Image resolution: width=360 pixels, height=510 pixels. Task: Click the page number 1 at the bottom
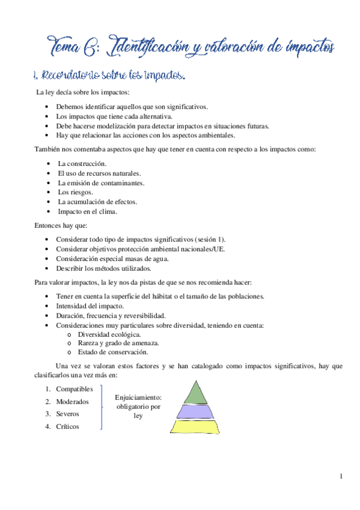(x=341, y=477)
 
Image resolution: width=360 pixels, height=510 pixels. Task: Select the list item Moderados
(x=72, y=402)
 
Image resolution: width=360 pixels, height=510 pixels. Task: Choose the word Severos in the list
(x=67, y=414)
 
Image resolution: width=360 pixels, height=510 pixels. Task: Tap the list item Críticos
(x=67, y=426)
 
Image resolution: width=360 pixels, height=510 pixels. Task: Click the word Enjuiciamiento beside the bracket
(x=138, y=398)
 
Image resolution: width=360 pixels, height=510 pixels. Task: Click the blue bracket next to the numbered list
(x=101, y=408)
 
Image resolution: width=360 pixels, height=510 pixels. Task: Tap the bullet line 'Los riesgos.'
(x=75, y=192)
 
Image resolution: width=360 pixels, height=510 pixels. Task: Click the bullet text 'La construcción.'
(x=82, y=164)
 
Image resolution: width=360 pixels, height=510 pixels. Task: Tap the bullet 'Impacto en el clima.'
(x=88, y=211)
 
